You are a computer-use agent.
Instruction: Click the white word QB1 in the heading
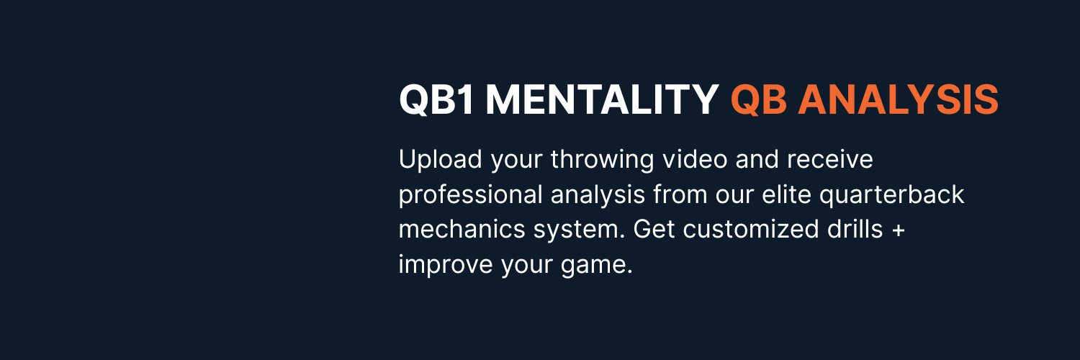point(436,100)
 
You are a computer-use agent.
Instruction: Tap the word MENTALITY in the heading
point(602,100)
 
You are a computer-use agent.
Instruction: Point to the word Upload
point(440,160)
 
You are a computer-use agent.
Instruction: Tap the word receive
point(830,160)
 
